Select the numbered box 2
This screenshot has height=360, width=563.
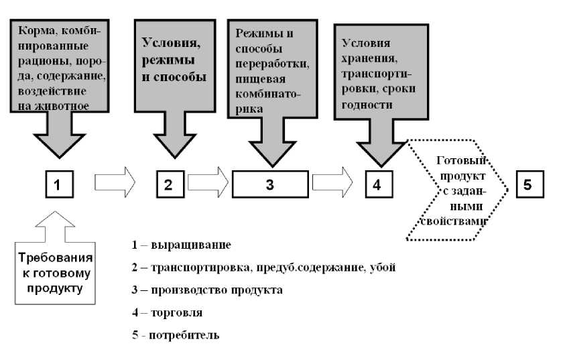[x=169, y=184]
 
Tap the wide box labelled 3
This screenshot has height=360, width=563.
[x=269, y=184]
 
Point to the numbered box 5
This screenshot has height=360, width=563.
[x=528, y=184]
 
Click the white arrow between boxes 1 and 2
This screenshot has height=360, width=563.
[x=115, y=183]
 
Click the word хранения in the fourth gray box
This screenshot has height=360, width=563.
[x=365, y=56]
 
